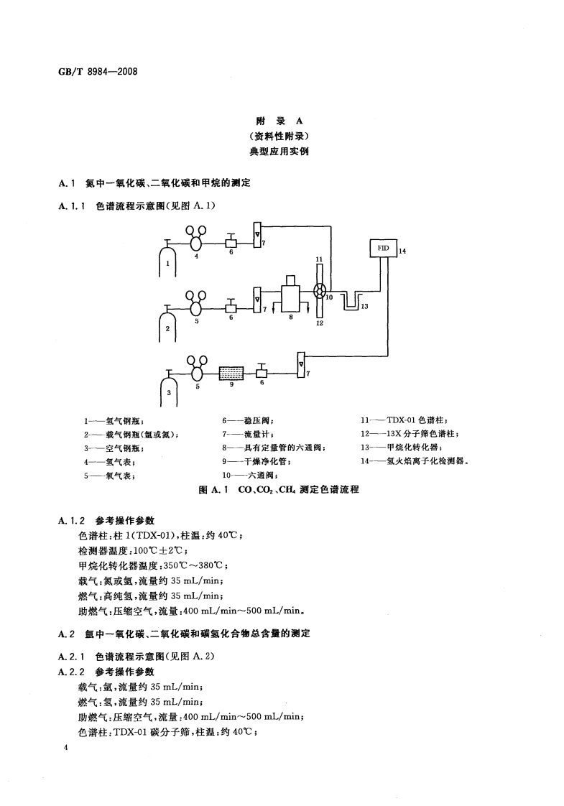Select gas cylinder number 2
pos(167,327)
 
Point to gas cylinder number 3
pos(168,391)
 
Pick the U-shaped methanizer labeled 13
pos(351,300)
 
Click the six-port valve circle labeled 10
pos(320,291)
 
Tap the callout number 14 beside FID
pos(402,251)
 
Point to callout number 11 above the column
pos(319,259)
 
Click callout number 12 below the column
pos(320,323)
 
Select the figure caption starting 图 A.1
pos(282,490)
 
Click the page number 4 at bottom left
pos(66,749)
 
